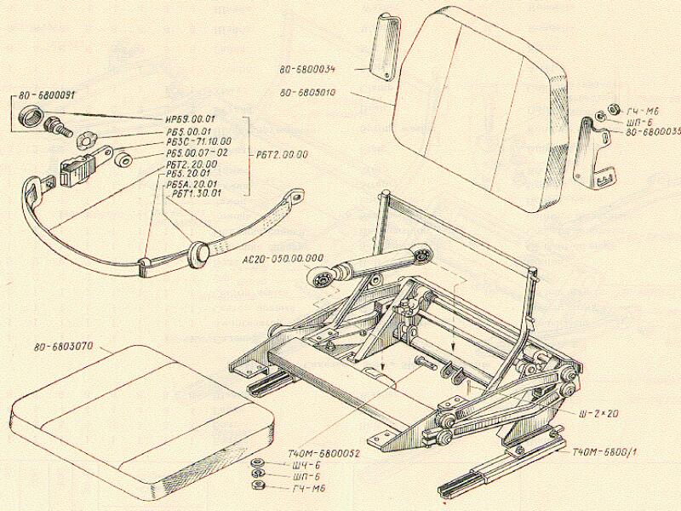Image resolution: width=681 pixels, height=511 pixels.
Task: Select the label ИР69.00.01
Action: click(x=190, y=119)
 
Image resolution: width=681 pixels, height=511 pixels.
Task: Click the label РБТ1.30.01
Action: click(x=196, y=192)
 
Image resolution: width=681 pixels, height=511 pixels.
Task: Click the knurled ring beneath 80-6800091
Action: click(x=29, y=117)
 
